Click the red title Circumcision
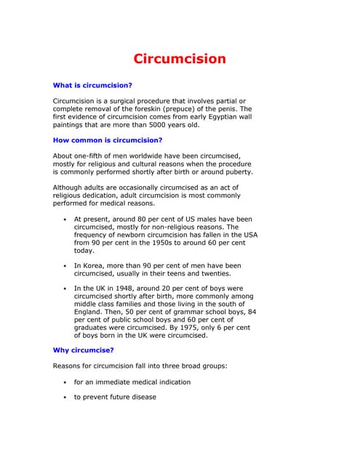pyautogui.click(x=179, y=59)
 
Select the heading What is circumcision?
pyautogui.click(x=92, y=85)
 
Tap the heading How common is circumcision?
pyautogui.click(x=108, y=139)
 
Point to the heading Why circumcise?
pyautogui.click(x=84, y=350)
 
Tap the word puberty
pyautogui.click(x=236, y=172)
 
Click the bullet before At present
pyautogui.click(x=65, y=219)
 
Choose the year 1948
pyautogui.click(x=121, y=288)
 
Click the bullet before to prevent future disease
pyautogui.click(x=65, y=397)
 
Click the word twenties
pyautogui.click(x=222, y=274)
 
